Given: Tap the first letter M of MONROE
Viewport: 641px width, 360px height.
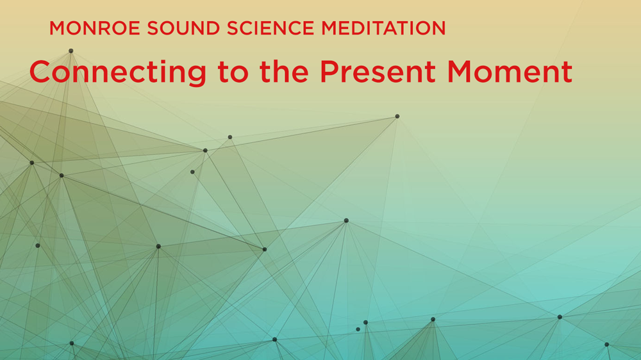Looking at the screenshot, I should click(57, 29).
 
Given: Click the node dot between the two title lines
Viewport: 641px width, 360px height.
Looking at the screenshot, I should click(71, 51).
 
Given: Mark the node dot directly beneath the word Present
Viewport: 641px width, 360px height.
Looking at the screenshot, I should click(397, 116).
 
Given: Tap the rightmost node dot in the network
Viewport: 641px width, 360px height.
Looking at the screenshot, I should click(606, 344).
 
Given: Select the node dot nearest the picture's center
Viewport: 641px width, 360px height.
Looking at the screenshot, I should click(346, 220).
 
